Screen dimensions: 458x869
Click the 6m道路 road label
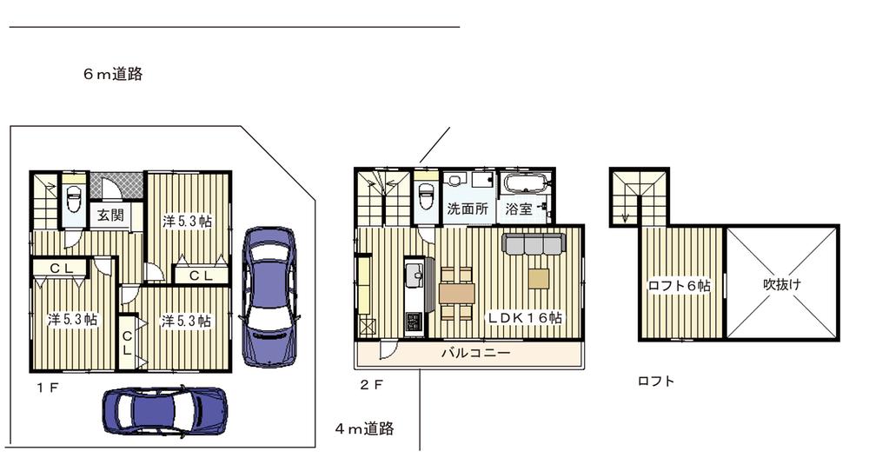pyautogui.click(x=113, y=75)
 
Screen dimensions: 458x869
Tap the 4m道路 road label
pyautogui.click(x=365, y=428)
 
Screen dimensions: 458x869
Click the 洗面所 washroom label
pyautogui.click(x=468, y=209)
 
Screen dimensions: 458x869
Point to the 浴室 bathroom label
pyautogui.click(x=520, y=209)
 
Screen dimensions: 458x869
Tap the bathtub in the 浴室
pyautogui.click(x=525, y=183)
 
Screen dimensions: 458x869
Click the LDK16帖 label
pyautogui.click(x=524, y=318)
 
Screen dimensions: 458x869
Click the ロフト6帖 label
pyautogui.click(x=680, y=285)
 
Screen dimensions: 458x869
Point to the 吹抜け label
pyautogui.click(x=782, y=284)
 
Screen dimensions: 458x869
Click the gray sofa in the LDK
pyautogui.click(x=534, y=244)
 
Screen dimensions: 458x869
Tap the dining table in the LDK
pyautogui.click(x=456, y=294)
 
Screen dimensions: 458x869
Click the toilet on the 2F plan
pyautogui.click(x=425, y=196)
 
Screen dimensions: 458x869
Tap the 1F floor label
pyautogui.click(x=47, y=386)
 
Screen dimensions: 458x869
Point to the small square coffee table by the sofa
pyautogui.click(x=539, y=278)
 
